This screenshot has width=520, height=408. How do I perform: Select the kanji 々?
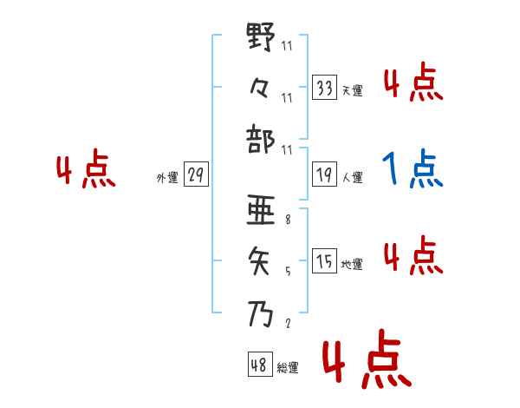(x=261, y=86)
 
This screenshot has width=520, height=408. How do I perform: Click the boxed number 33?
(x=324, y=88)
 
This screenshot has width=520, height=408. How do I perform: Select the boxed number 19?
(x=324, y=175)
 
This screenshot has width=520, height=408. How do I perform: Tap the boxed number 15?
(x=324, y=261)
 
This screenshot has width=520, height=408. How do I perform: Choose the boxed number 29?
(x=195, y=175)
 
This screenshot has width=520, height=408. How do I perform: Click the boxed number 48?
(x=259, y=365)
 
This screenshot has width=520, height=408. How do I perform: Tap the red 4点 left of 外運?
(x=86, y=171)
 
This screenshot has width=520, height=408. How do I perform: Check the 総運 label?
(x=287, y=368)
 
